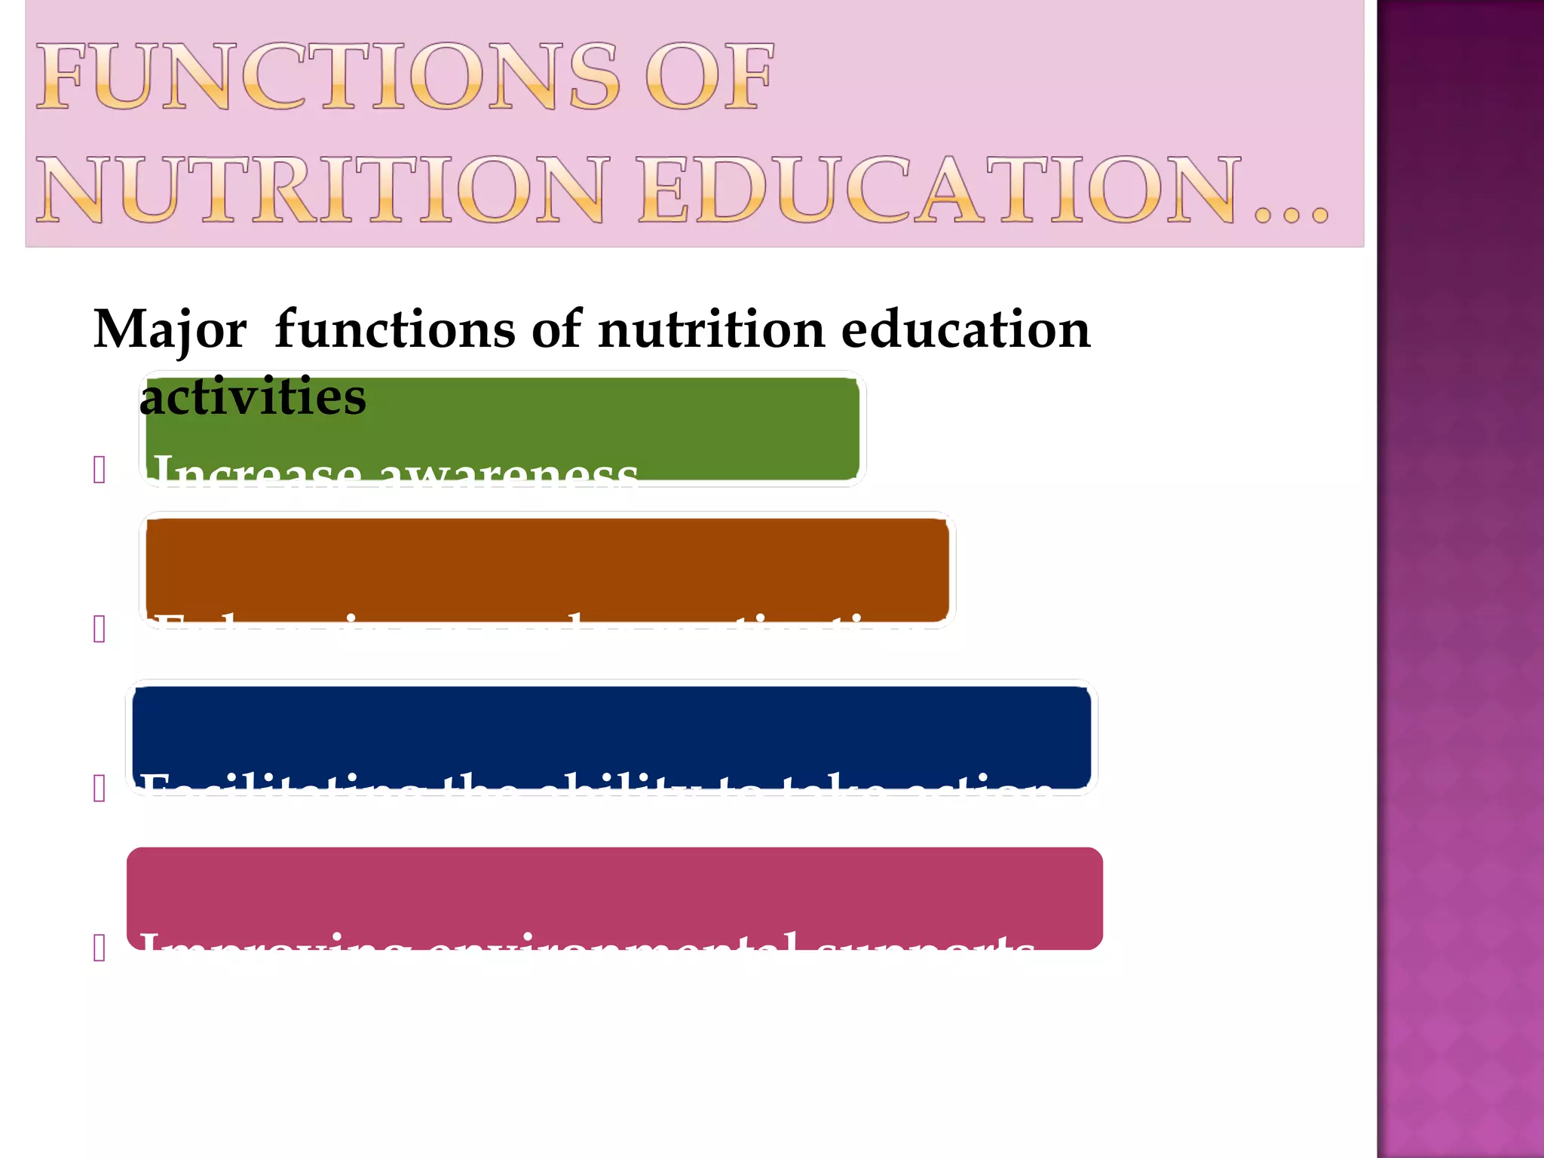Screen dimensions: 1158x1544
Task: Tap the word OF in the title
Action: tap(709, 77)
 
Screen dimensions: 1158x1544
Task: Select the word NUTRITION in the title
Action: tap(320, 190)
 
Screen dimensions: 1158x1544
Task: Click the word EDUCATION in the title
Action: tap(939, 190)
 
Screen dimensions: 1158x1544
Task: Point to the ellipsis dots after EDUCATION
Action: tap(1291, 215)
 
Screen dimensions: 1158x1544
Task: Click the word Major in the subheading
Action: tap(170, 330)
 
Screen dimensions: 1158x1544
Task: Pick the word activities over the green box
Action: tap(253, 397)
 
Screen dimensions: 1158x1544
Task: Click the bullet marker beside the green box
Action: tap(100, 470)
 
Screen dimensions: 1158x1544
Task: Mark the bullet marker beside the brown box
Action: tap(100, 629)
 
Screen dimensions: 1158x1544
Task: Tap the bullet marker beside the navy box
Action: tap(100, 789)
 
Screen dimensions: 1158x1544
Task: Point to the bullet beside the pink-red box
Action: tap(100, 948)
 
